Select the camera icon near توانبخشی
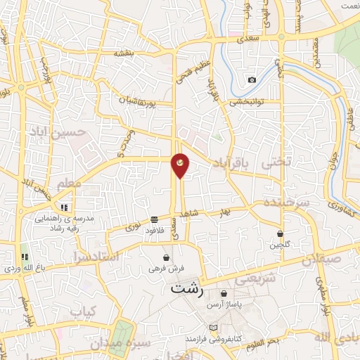(252, 79)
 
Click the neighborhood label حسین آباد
(58, 131)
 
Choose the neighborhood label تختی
(276, 162)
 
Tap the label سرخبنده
(287, 201)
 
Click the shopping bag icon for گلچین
(280, 233)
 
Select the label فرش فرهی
(165, 268)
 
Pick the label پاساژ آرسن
(224, 305)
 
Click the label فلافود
(154, 230)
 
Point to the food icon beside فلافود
(154, 219)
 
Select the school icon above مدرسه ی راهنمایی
(64, 208)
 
